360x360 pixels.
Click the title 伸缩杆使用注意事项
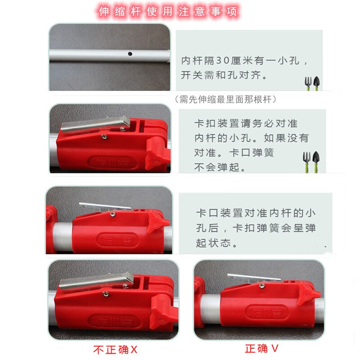168,12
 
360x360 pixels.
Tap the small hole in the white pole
130,54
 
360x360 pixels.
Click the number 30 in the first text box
221,60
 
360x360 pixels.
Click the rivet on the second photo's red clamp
104,137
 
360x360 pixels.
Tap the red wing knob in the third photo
158,223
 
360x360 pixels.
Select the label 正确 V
262,348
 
